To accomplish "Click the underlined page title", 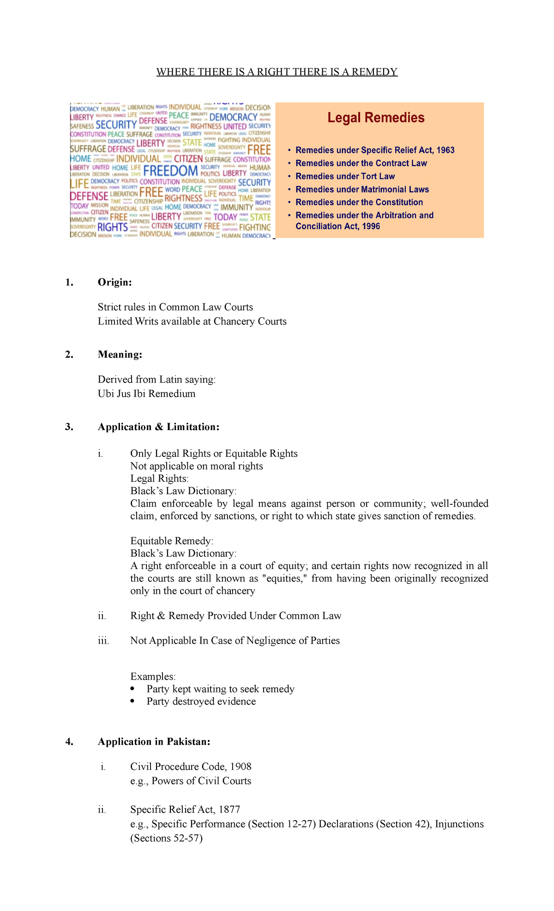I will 277,72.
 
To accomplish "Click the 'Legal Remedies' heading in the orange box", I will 376,118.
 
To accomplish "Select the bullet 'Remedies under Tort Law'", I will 345,176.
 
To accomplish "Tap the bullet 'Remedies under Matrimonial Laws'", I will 362,189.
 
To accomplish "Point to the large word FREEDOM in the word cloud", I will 170,171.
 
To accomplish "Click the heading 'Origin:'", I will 114,282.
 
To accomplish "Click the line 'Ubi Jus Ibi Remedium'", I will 146,394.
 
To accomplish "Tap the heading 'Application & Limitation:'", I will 158,427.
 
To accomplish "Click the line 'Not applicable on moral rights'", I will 197,466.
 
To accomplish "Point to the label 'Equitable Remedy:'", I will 172,541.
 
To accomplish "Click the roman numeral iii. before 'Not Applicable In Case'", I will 103,641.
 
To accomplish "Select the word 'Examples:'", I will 153,676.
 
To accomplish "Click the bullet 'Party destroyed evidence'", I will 201,701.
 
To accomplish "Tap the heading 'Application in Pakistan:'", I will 154,742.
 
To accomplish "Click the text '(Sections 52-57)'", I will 167,838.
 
